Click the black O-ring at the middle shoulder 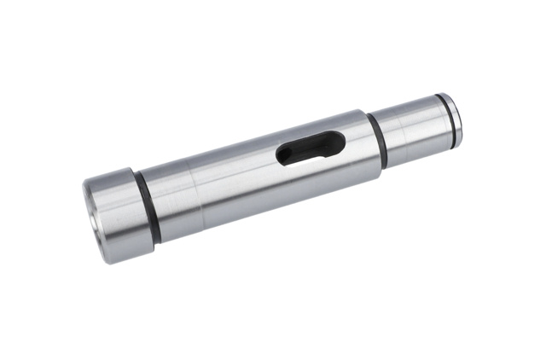376,138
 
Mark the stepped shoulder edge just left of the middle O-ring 370,143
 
